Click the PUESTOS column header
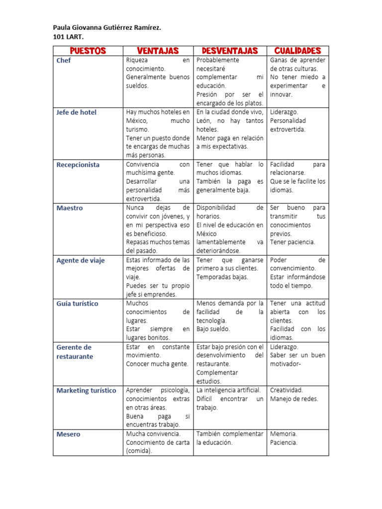88,51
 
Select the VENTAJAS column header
158,51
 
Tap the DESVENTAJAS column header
230,51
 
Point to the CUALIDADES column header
297,51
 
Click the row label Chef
64,61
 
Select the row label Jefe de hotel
77,112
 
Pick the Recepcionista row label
78,165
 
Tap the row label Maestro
70,208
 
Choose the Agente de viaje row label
81,260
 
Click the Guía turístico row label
78,304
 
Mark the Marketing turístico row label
87,391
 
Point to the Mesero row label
68,434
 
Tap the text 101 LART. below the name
69,37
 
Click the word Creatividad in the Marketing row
286,390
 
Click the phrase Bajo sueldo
213,329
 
